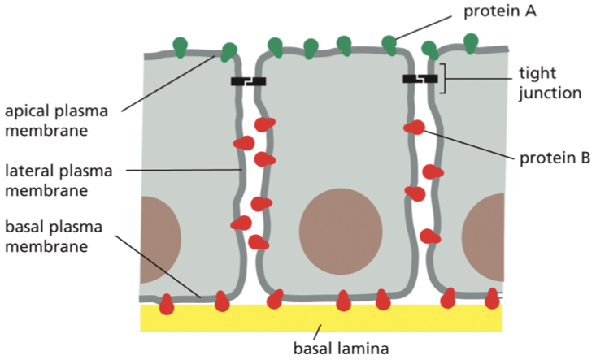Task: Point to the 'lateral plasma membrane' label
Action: [x=58, y=180]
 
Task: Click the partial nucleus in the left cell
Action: [x=159, y=239]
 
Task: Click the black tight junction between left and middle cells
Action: [x=248, y=81]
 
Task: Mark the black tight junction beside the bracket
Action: [x=420, y=79]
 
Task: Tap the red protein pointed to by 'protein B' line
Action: [x=415, y=128]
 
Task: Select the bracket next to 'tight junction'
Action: [x=443, y=78]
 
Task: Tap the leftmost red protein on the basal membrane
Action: [x=166, y=304]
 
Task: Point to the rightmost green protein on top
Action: [x=470, y=42]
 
